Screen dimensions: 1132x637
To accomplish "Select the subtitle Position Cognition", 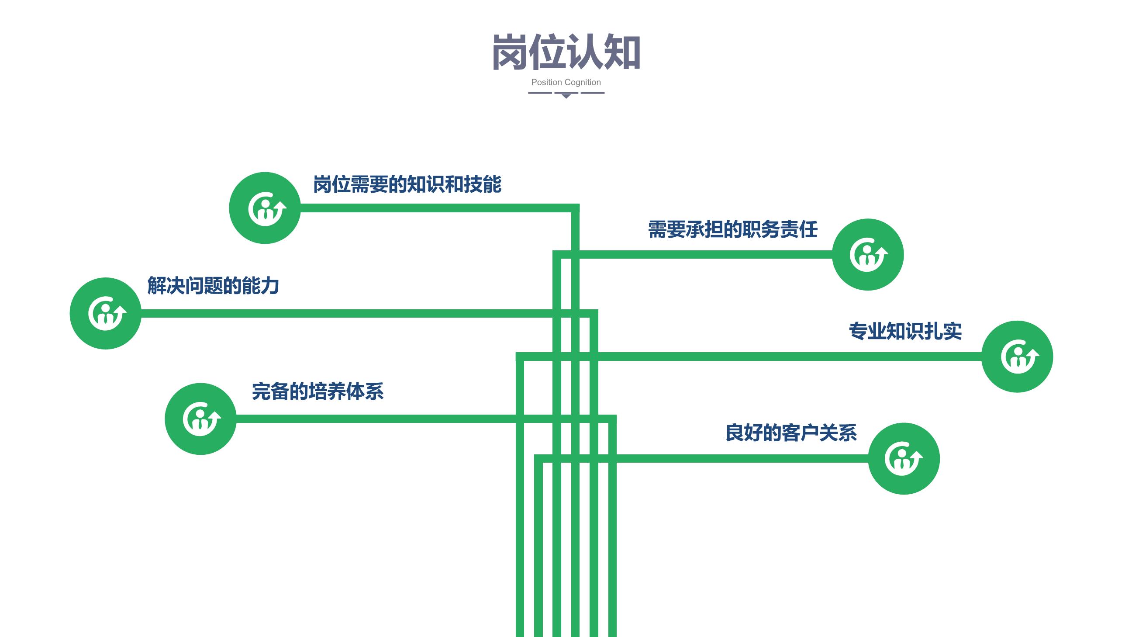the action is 566,82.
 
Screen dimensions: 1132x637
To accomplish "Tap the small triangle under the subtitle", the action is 566,96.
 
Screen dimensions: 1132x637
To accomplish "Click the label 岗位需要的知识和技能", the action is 407,184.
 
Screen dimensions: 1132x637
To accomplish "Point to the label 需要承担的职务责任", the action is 732,229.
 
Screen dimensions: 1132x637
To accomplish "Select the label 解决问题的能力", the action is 213,286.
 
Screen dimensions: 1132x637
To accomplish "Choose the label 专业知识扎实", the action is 905,331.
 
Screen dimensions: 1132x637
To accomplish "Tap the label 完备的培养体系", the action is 318,391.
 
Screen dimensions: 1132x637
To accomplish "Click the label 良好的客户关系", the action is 791,433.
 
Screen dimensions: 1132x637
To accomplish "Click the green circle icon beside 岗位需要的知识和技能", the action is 265,208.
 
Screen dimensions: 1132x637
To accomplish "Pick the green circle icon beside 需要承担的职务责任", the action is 868,255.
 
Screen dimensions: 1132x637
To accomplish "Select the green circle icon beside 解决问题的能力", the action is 105,313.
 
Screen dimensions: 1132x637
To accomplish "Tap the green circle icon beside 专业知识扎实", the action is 1017,357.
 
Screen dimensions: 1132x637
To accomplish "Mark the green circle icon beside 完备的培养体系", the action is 200,419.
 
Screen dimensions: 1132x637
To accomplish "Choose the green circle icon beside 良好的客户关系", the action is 904,458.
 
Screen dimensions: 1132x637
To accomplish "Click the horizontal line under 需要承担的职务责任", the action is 693,255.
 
